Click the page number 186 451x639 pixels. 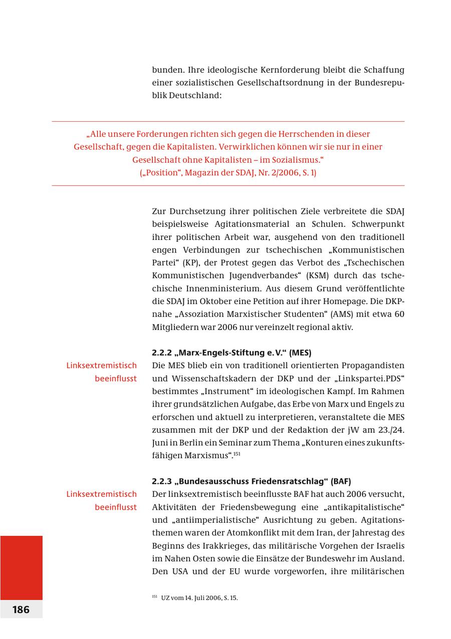tap(21, 609)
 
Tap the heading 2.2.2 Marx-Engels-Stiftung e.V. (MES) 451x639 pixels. tap(232, 353)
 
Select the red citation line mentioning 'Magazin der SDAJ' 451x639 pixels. tap(228, 173)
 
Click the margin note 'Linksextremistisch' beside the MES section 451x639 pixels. tap(101, 366)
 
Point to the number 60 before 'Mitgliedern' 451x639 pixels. tap(399, 314)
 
